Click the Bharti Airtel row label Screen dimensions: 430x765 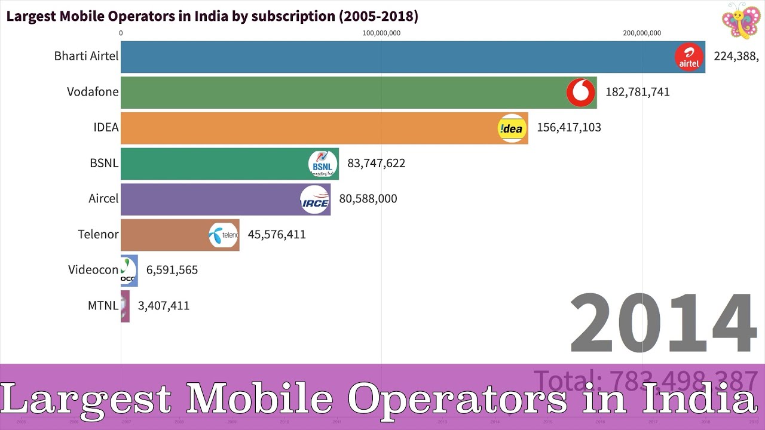86,56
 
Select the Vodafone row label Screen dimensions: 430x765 93,92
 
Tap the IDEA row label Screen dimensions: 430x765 106,127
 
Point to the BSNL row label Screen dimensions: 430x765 104,163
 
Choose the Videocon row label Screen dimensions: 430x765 93,270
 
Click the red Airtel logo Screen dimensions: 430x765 688,57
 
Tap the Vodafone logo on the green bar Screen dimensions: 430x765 580,93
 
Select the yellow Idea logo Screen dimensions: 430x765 512,128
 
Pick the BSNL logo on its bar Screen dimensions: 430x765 323,164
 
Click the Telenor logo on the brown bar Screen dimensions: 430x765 224,235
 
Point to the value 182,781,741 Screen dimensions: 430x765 637,92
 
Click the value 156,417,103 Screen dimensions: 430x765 568,127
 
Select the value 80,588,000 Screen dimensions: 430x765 368,199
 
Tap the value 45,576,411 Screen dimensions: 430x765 276,235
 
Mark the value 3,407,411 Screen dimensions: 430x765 163,306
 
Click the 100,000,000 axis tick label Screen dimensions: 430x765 381,33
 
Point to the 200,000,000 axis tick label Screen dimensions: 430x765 641,33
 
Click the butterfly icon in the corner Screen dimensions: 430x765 740,21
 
